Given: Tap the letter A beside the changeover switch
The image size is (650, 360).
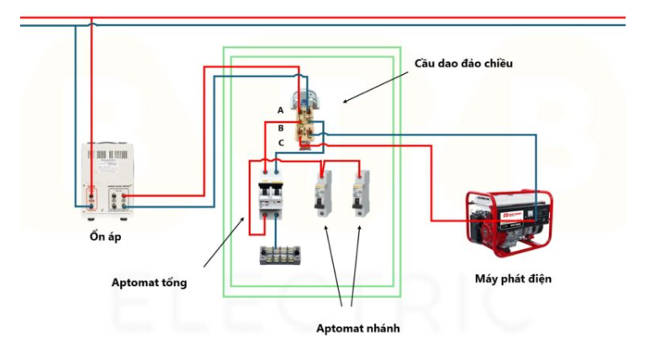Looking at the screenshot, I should click(x=281, y=110).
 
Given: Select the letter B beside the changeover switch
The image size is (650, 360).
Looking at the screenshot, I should click(x=281, y=128).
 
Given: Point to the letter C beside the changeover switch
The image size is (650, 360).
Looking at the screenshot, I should click(x=281, y=143).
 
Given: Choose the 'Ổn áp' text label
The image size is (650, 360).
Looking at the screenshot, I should click(x=106, y=236).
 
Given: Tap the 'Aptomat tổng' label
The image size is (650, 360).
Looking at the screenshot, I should click(x=149, y=283).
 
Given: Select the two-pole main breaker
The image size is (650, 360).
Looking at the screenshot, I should click(x=270, y=194).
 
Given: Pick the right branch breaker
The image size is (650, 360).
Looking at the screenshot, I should click(x=361, y=194).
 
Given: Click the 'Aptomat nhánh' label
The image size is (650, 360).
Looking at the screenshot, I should click(x=357, y=328).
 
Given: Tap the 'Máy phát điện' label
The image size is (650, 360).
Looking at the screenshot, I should click(x=513, y=278).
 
